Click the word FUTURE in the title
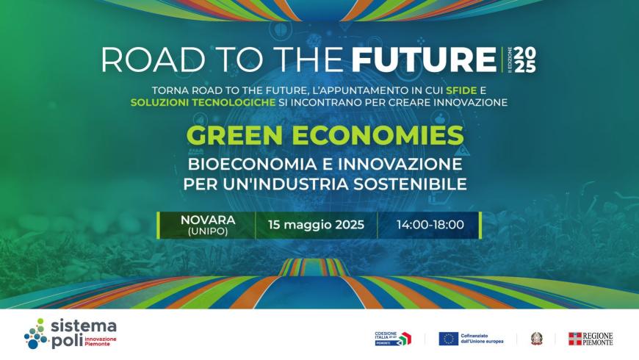[x=424, y=60]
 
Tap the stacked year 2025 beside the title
[x=524, y=60]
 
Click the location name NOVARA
[x=208, y=220]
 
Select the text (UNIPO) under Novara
[x=208, y=232]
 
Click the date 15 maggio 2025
[x=316, y=225]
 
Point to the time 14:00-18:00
[x=430, y=225]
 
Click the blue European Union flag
[x=449, y=339]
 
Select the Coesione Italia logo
[x=393, y=338]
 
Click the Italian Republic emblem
[x=537, y=339]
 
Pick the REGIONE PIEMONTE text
[x=599, y=339]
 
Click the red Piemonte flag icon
[x=575, y=339]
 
